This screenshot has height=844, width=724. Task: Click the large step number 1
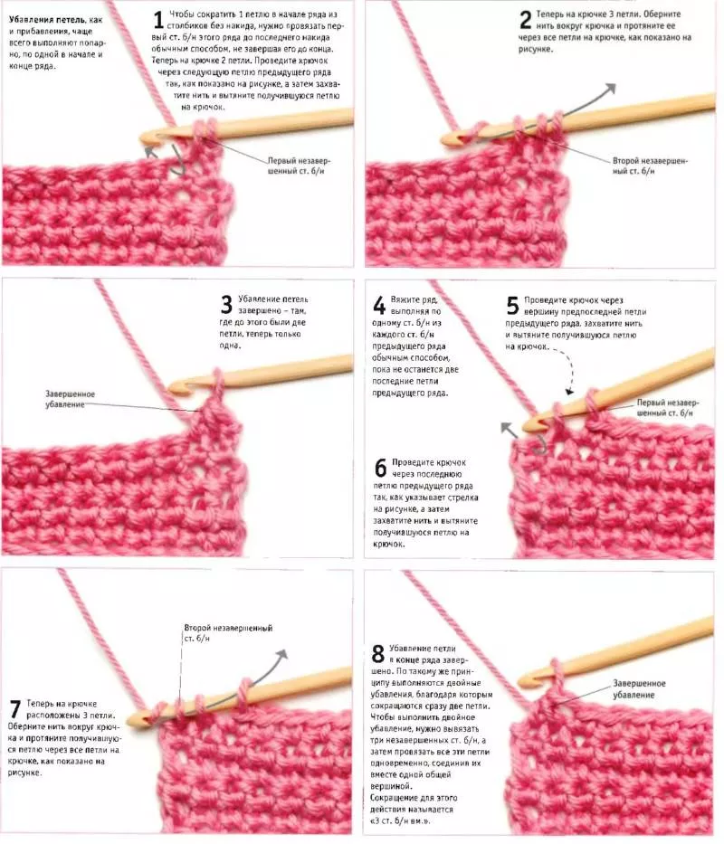point(158,20)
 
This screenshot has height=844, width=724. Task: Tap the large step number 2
point(525,21)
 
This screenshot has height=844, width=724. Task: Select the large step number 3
point(227,304)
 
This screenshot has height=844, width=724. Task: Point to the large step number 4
point(379,305)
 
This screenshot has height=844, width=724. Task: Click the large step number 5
point(512,305)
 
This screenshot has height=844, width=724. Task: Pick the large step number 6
point(380,468)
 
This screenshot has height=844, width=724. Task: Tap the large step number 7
point(15,709)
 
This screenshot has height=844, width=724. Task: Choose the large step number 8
point(377,653)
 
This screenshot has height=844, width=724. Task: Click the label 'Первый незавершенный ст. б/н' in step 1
point(300,166)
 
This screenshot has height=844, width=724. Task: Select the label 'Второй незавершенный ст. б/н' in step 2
point(650,166)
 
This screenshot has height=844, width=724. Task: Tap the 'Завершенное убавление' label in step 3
point(70,400)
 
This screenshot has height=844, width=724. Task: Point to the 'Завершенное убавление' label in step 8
point(639,689)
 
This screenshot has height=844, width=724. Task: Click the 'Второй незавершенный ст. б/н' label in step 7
point(228,633)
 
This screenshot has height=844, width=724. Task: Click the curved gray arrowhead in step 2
point(610,90)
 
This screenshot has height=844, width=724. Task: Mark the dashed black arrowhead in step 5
point(570,391)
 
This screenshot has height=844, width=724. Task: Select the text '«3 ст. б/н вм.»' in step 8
point(400,820)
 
